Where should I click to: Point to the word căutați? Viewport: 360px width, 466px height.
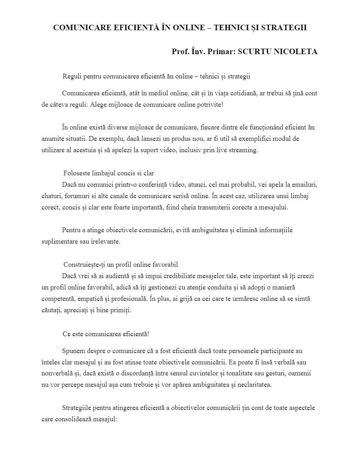pyautogui.click(x=51, y=310)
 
